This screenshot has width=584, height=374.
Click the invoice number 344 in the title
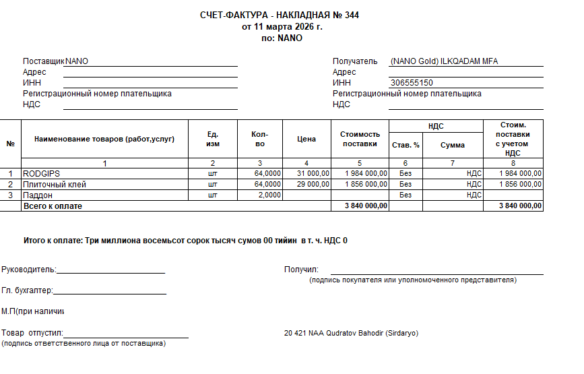[352, 15]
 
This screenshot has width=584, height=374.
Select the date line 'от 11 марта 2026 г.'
[282, 27]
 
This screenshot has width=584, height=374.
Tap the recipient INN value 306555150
[412, 83]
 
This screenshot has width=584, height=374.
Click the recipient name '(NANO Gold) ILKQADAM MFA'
[444, 61]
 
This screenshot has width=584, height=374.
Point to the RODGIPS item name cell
[42, 173]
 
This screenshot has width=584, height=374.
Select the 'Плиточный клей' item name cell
[55, 184]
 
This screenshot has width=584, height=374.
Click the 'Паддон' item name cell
[38, 195]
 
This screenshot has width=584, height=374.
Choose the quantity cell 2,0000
[267, 195]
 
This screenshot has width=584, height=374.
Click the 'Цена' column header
[306, 139]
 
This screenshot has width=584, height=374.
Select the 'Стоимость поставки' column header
[360, 139]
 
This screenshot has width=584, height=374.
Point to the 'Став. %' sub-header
[405, 145]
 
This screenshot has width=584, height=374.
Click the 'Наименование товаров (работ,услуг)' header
[104, 139]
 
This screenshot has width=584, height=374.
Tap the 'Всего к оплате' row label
[53, 206]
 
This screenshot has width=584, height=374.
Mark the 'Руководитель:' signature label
[28, 270]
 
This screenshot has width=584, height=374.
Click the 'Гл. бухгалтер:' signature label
[27, 291]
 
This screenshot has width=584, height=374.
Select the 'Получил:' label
[301, 270]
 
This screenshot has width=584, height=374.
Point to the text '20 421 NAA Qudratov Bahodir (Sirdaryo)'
[352, 334]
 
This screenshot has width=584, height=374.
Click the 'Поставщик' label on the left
[43, 61]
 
